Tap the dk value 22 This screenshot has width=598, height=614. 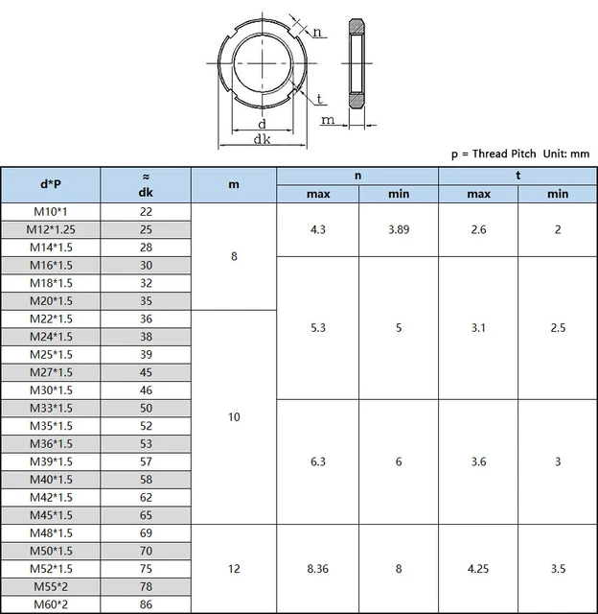[x=146, y=212]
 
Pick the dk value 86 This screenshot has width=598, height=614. [x=146, y=604]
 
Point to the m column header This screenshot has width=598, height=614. [x=234, y=184]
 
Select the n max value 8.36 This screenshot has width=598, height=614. [x=317, y=569]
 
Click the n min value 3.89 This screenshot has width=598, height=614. [x=399, y=230]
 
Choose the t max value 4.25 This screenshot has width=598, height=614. [x=478, y=569]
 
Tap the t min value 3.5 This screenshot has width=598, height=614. [x=558, y=569]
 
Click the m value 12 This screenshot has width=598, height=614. [x=234, y=569]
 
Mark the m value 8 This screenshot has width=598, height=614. [x=234, y=256]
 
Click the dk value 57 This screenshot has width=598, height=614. [x=146, y=461]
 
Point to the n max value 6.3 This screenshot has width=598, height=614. [x=317, y=461]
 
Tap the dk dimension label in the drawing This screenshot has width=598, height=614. [x=261, y=139]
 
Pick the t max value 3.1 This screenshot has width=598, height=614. [x=478, y=328]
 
